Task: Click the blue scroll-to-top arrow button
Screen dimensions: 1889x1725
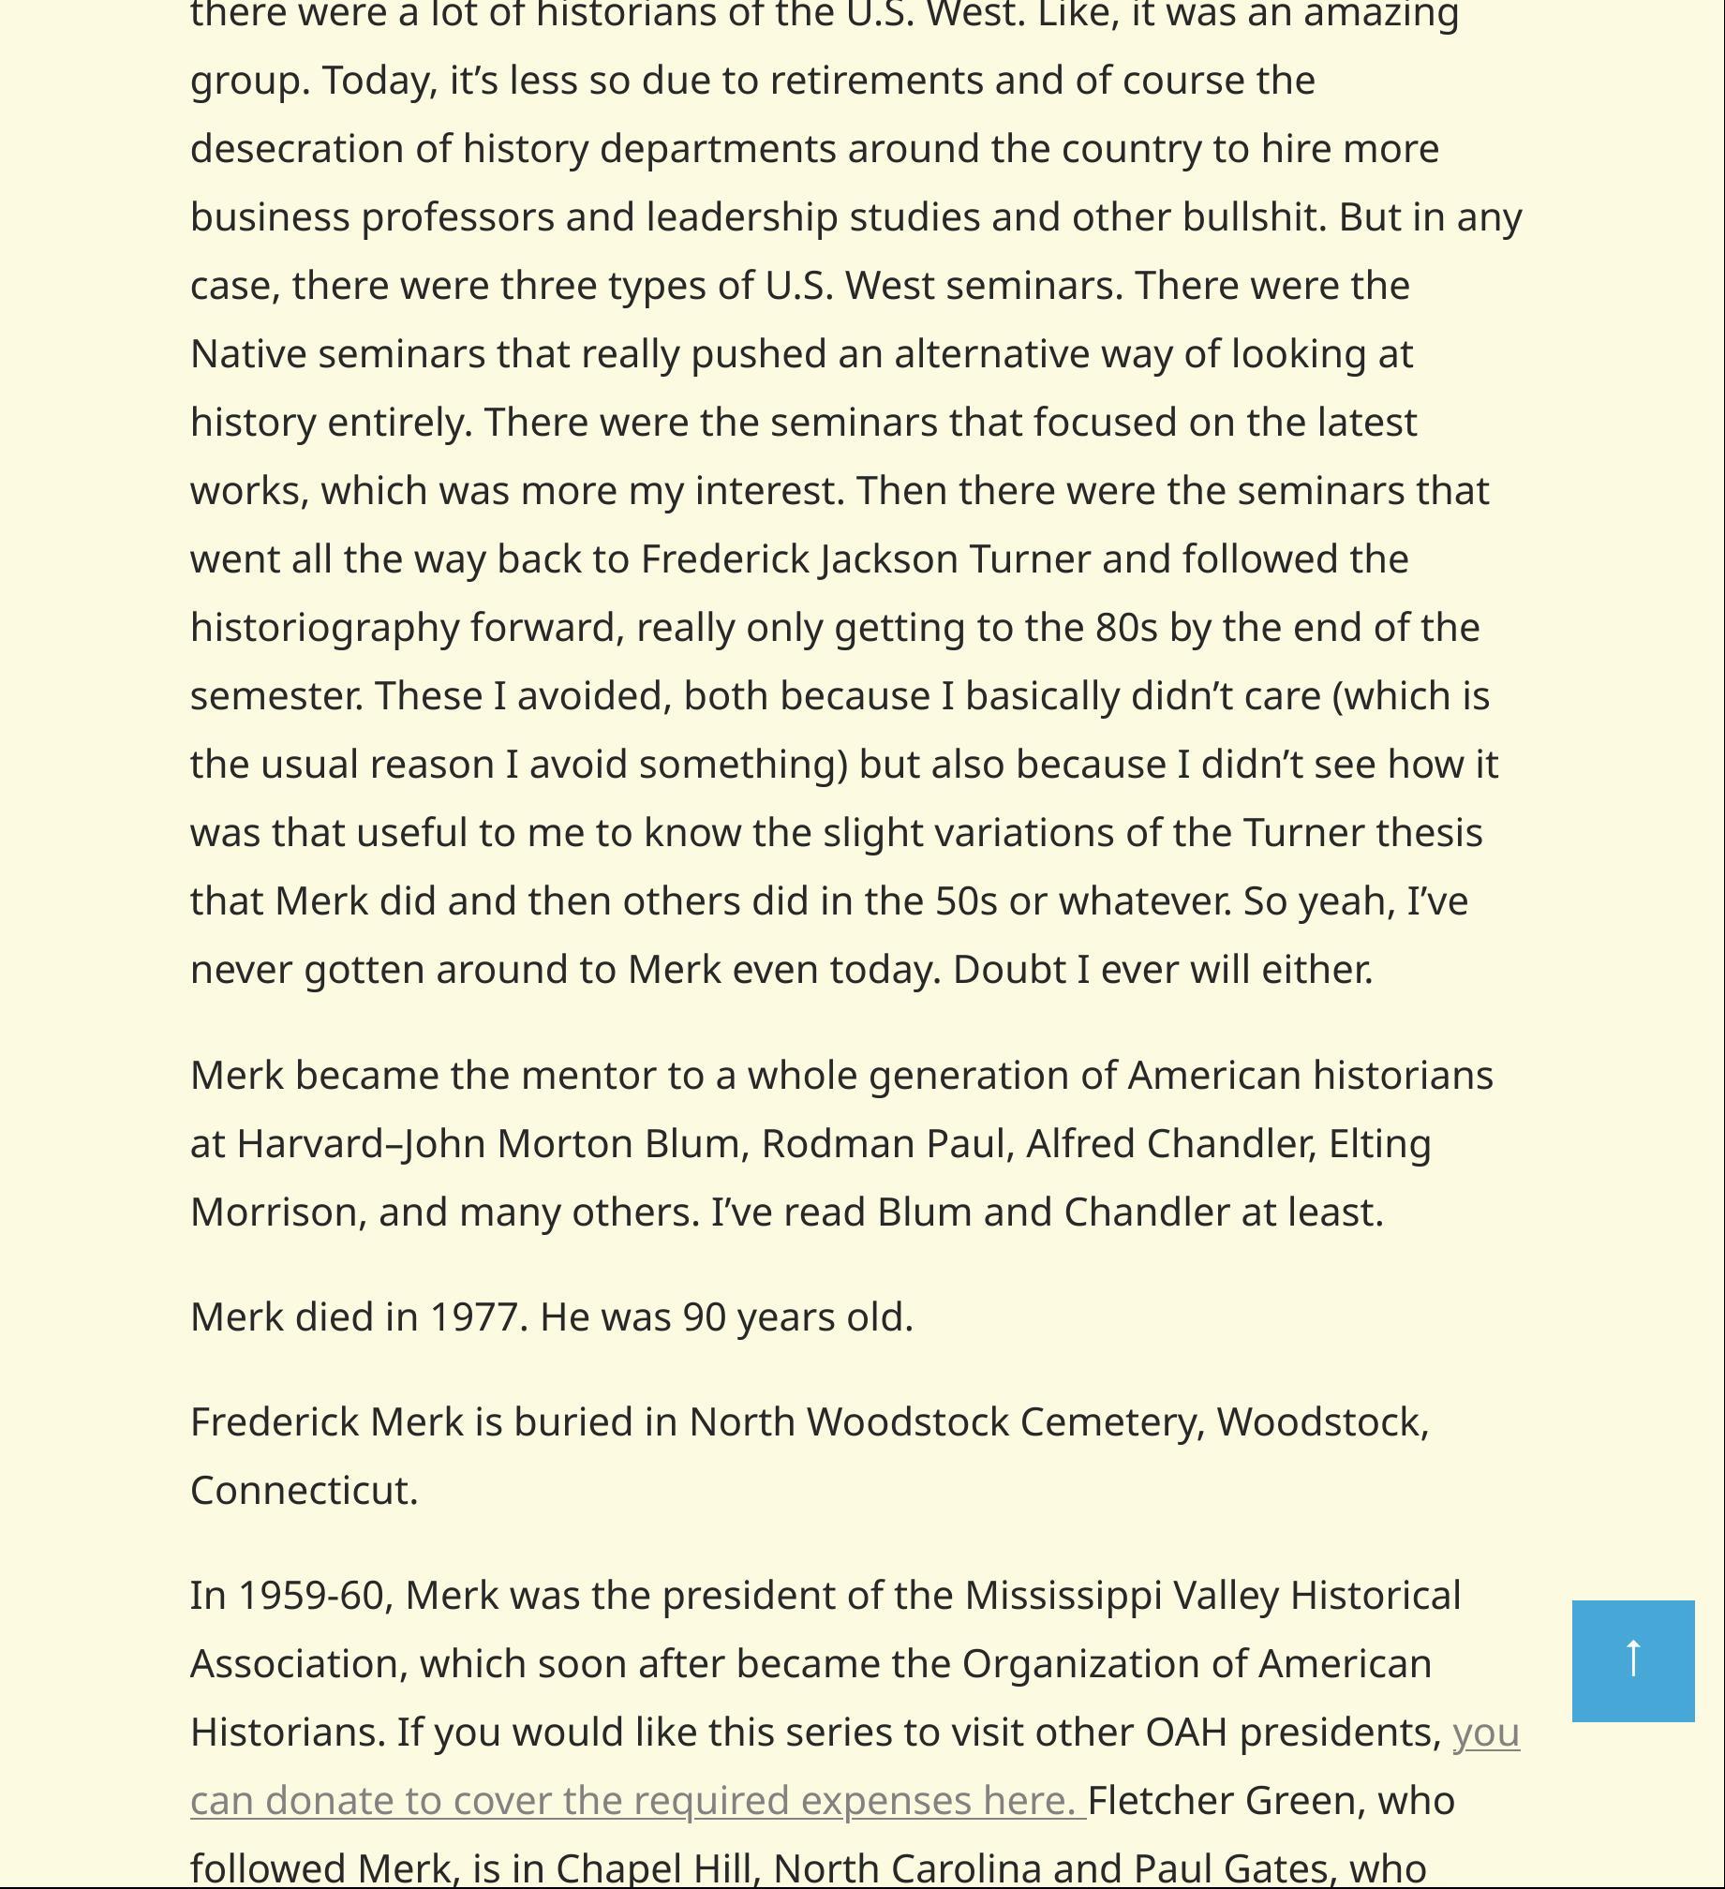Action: (x=1632, y=1660)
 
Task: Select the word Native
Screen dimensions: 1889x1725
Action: (x=248, y=353)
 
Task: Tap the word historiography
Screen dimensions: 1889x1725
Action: (x=324, y=628)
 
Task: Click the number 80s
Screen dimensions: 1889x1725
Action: (x=1126, y=627)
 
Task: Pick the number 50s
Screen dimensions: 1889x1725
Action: (x=966, y=900)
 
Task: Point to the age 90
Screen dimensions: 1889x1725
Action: (x=705, y=1316)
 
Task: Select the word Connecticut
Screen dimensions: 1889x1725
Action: (x=304, y=1490)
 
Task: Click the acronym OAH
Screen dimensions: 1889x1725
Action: (x=1186, y=1732)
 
